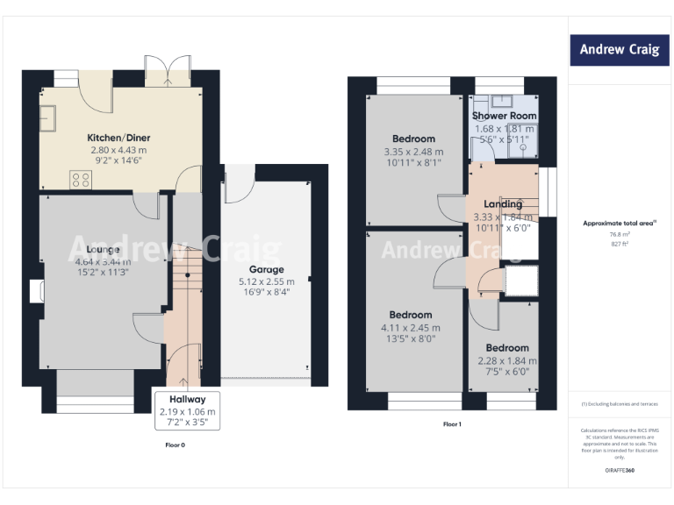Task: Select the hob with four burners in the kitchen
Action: point(81,180)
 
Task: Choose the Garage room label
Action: point(266,270)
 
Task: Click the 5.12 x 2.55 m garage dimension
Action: point(266,281)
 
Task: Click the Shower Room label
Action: point(504,116)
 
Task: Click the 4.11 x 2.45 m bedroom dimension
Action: point(410,327)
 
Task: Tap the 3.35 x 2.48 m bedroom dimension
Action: point(413,151)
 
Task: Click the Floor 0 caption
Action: point(176,445)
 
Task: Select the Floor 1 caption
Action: point(452,424)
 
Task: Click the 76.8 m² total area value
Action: point(620,234)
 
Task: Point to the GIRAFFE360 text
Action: point(620,471)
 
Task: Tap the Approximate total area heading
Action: point(620,224)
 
